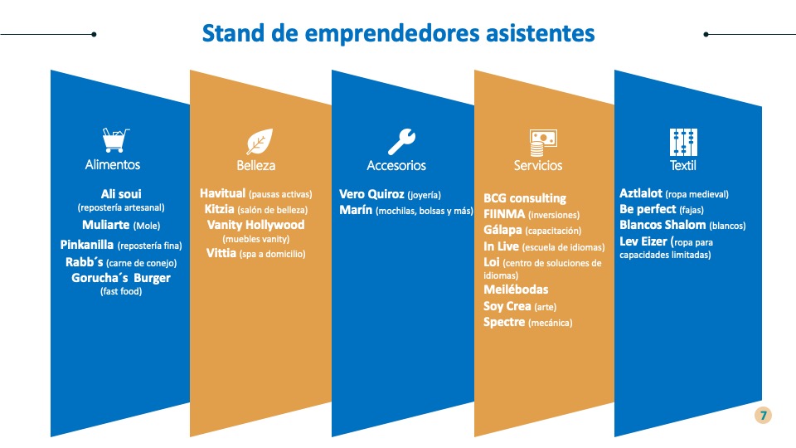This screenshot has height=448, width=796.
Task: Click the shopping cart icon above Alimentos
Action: (x=115, y=139)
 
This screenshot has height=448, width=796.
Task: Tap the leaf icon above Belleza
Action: (x=260, y=141)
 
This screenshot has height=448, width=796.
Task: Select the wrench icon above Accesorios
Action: (x=401, y=141)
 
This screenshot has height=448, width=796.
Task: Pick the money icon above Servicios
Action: (x=542, y=143)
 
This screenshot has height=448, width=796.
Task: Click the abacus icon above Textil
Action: (x=683, y=142)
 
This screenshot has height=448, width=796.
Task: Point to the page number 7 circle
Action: (x=763, y=416)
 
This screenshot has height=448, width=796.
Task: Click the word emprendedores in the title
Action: (x=392, y=33)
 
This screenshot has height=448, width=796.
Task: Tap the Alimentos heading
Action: (x=113, y=164)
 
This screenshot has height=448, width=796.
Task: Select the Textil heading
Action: (x=682, y=165)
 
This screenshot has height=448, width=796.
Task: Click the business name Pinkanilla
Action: (x=87, y=245)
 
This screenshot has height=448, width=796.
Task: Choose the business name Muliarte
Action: (x=105, y=225)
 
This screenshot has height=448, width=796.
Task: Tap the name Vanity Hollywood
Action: (x=256, y=225)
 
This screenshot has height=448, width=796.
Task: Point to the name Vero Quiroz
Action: (x=371, y=194)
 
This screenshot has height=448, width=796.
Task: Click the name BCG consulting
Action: (x=525, y=198)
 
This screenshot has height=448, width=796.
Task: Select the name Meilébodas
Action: (x=516, y=290)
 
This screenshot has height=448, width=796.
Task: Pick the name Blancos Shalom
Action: (x=663, y=225)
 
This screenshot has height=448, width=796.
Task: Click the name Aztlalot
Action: (x=641, y=193)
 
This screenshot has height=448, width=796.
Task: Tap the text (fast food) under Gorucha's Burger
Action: (x=121, y=291)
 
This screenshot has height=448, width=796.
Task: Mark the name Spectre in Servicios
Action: (x=504, y=322)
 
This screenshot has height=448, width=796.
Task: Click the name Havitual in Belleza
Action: (x=222, y=193)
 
